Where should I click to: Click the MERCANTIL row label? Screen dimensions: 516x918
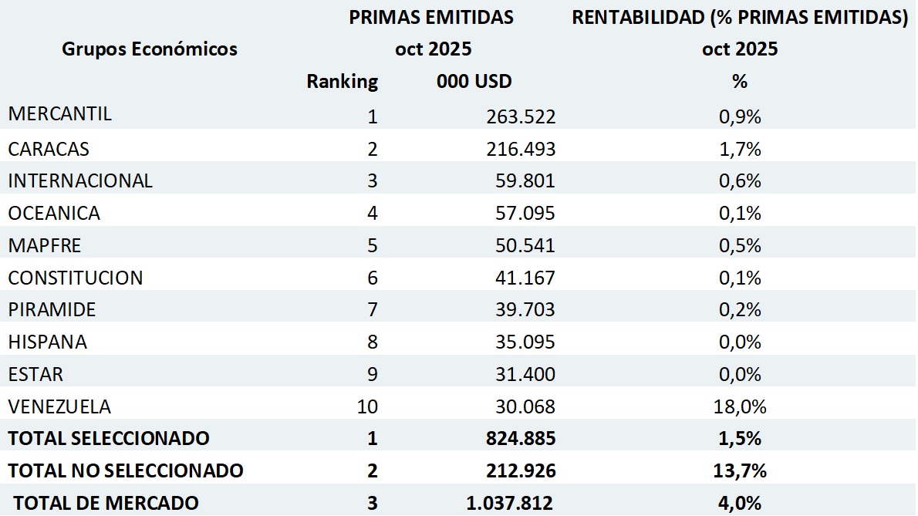coord(60,114)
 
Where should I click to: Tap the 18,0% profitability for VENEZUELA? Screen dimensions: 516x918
coord(740,406)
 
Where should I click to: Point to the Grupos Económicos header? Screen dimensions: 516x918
coord(150,49)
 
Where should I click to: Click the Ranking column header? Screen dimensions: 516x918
coord(342,81)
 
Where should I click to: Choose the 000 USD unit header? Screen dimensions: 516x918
coord(474,81)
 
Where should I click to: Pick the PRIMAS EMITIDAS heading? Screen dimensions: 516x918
coord(431,18)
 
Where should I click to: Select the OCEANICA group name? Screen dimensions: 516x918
coord(54,212)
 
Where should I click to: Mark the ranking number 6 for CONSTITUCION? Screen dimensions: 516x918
coord(373,278)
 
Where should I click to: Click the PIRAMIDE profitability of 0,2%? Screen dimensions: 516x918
coord(740,309)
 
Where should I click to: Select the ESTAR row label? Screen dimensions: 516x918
coord(35,374)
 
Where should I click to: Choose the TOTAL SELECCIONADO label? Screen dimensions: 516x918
coord(109,438)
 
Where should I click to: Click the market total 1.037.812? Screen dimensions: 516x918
coord(509,503)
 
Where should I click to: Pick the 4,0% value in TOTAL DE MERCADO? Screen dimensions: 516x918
coord(740,503)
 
